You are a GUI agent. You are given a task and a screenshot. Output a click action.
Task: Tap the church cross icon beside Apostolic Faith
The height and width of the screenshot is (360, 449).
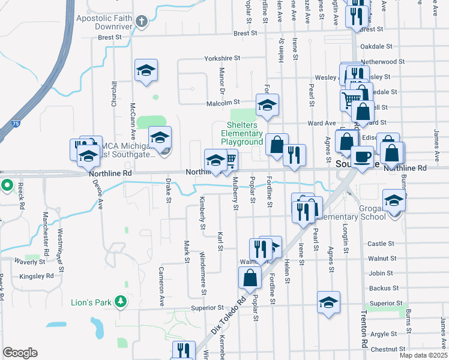coord(142,23)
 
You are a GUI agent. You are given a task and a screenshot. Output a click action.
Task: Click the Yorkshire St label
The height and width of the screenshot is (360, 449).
coord(221,59)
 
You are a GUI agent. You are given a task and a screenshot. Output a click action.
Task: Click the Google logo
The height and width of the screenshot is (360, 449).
coord(20,353)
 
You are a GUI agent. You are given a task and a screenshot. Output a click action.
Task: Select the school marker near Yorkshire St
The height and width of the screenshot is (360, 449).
coord(146,71)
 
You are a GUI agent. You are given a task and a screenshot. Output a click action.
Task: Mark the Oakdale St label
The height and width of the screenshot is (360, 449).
coord(376,46)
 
